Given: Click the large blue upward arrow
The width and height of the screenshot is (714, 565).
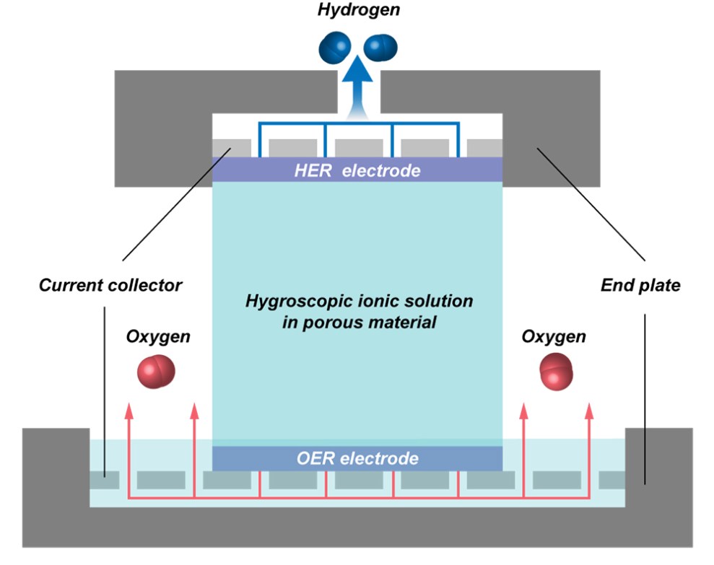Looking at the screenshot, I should [x=357, y=87].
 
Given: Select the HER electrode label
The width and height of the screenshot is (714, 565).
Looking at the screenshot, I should [x=357, y=171].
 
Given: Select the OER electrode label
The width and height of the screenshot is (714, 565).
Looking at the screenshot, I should [x=357, y=458].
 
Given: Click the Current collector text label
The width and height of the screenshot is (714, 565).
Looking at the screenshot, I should [x=110, y=285].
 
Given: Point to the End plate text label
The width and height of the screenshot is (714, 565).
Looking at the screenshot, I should [x=640, y=285].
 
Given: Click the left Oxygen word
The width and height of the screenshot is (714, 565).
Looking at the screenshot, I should [x=157, y=337].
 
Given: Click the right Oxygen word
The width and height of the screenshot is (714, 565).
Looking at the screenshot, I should [x=554, y=337].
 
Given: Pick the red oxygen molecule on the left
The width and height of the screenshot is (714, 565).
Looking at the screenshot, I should [x=155, y=370].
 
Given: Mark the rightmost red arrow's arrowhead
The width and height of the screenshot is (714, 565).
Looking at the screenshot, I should [x=588, y=411].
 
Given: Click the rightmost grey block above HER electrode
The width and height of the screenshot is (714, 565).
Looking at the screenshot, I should [x=484, y=148].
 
